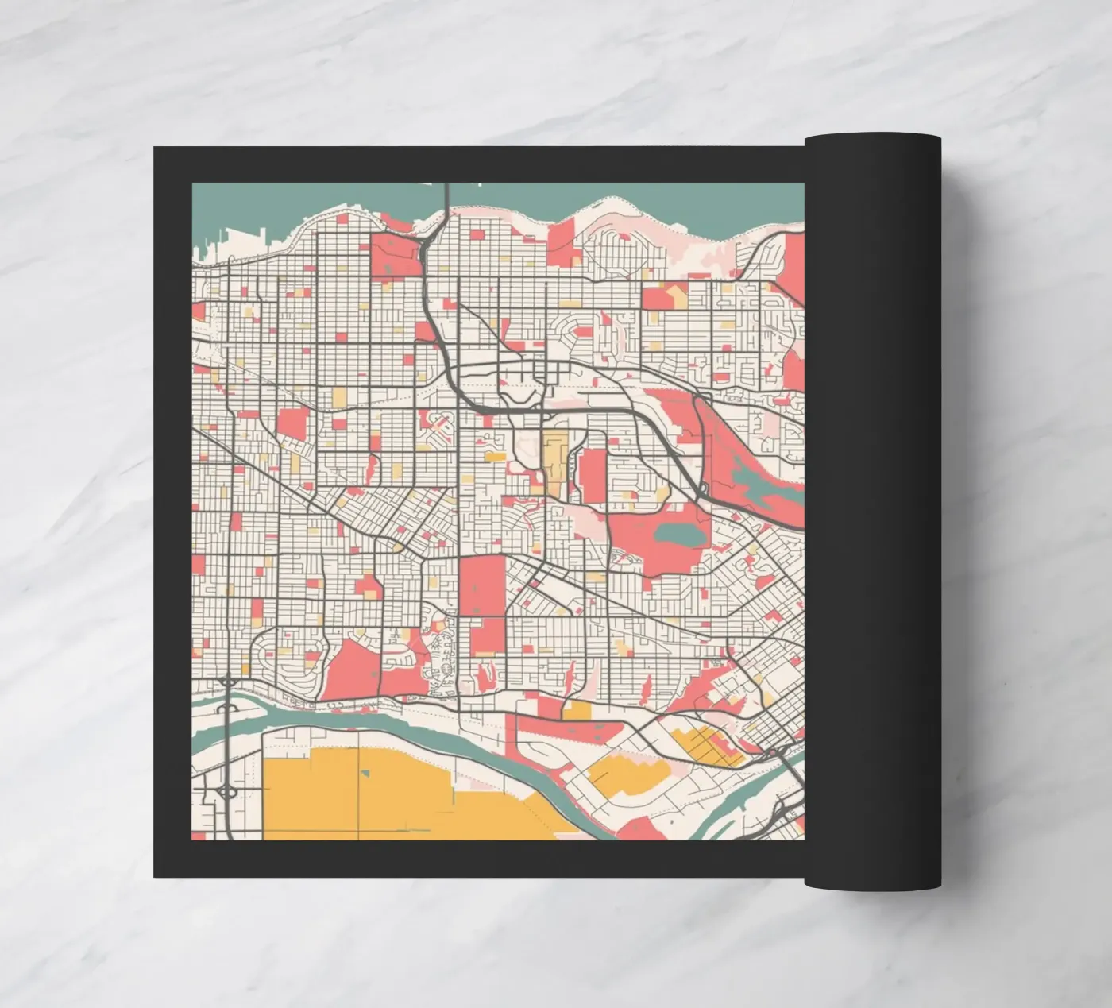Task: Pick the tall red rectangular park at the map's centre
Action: (482, 585)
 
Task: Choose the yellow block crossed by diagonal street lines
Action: (707, 746)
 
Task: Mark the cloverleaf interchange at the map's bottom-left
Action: (226, 790)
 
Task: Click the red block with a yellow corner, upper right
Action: (665, 298)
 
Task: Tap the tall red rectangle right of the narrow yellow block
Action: (591, 474)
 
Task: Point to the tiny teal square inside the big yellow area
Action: (367, 772)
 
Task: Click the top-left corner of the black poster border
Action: (155, 147)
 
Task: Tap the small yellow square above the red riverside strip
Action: (577, 709)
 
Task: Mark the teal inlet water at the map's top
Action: (318, 203)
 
